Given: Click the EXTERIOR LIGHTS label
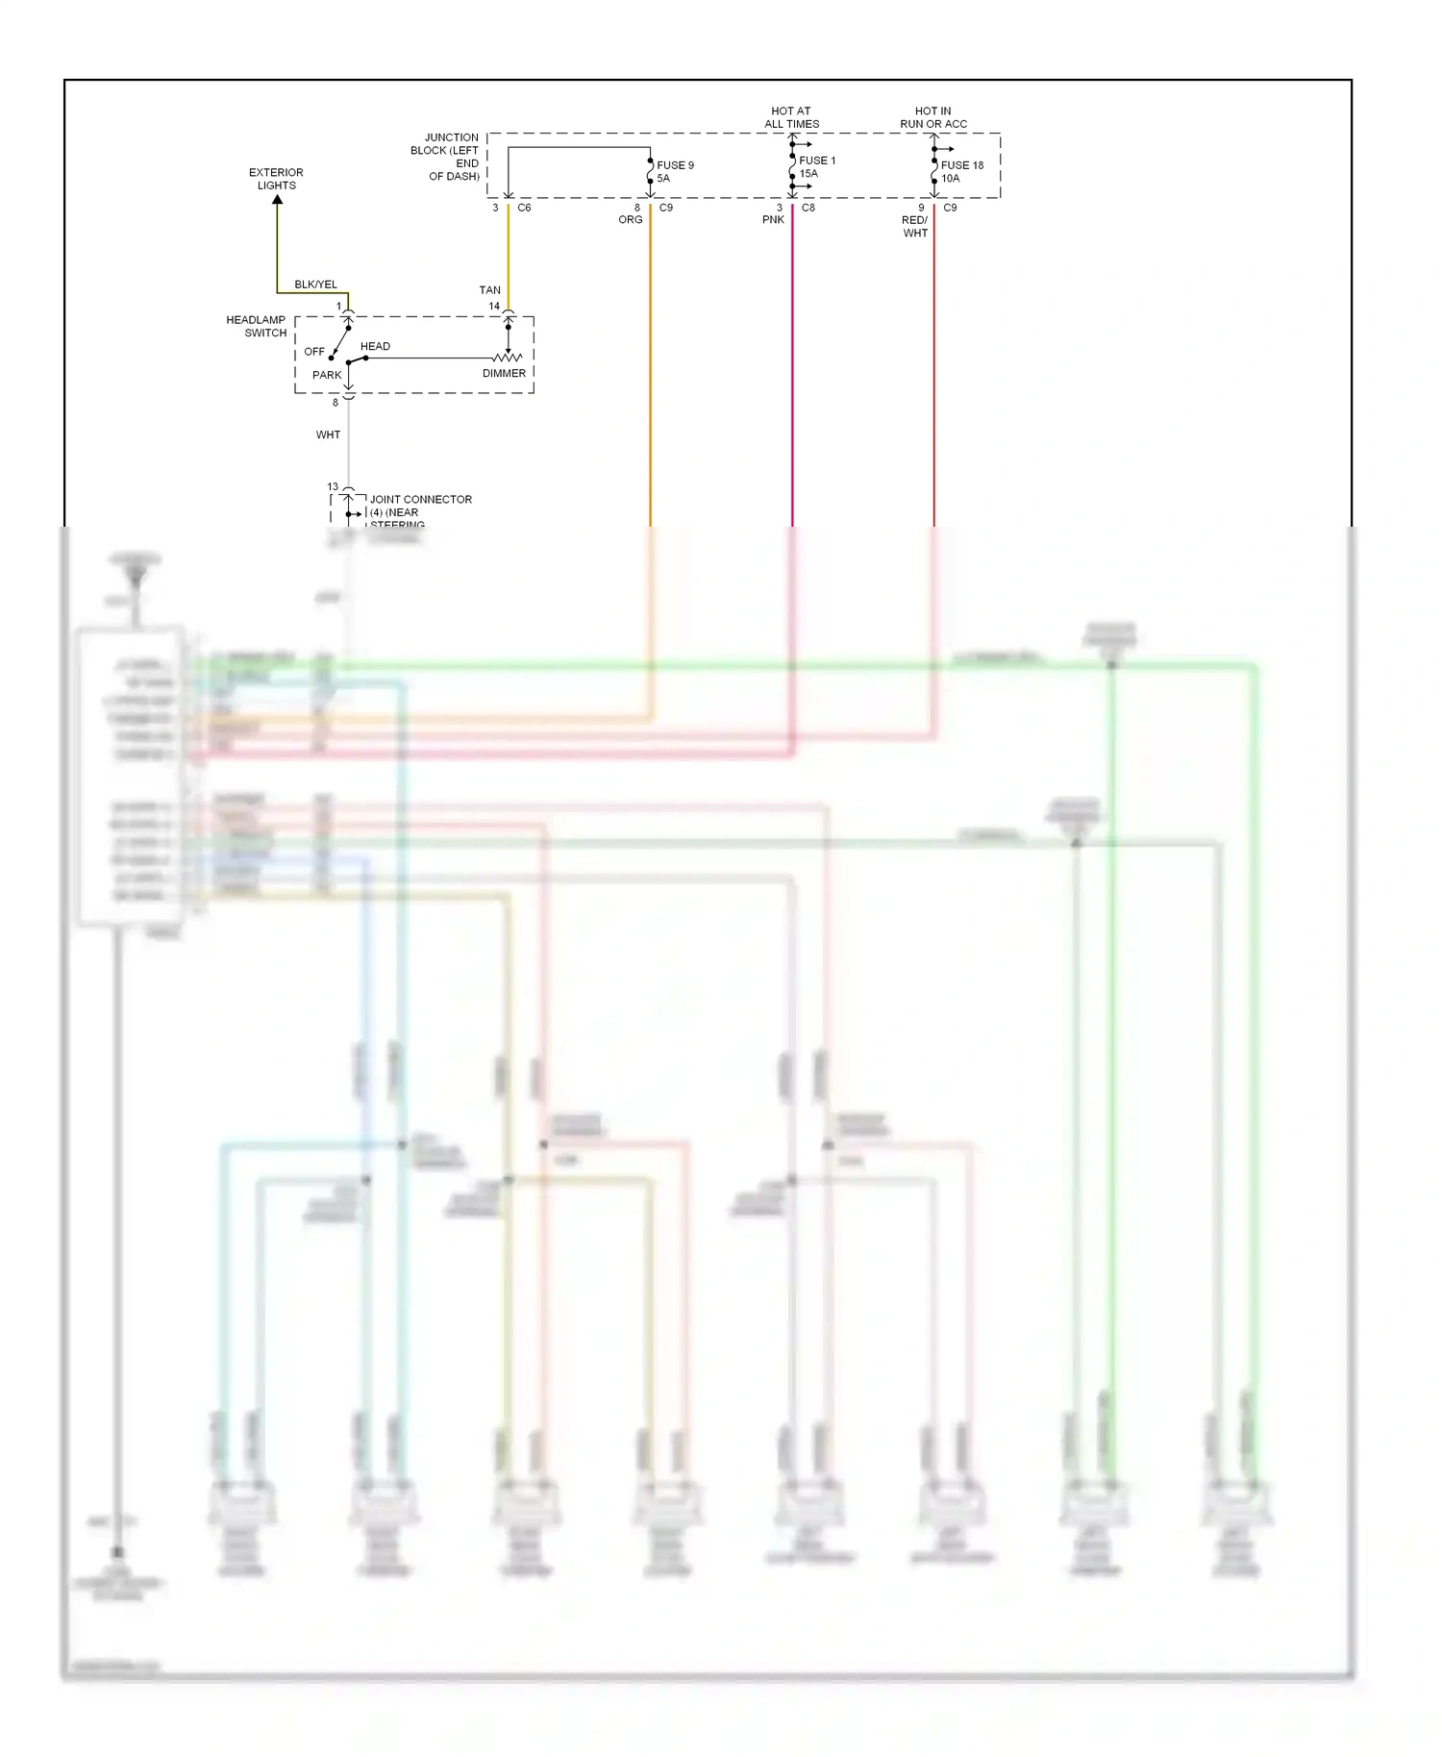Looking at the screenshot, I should pyautogui.click(x=276, y=179).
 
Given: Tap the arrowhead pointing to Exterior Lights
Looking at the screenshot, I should pyautogui.click(x=277, y=200).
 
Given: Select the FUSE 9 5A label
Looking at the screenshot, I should pyautogui.click(x=675, y=171).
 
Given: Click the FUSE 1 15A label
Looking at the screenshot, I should pyautogui.click(x=816, y=167).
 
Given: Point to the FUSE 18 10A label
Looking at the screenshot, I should pyautogui.click(x=961, y=171).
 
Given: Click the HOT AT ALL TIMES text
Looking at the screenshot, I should pyautogui.click(x=791, y=117).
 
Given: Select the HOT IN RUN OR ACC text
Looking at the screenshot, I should pyautogui.click(x=932, y=117).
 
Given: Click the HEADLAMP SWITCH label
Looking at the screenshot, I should pyautogui.click(x=257, y=326).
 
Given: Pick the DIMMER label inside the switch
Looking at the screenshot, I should pyautogui.click(x=504, y=373).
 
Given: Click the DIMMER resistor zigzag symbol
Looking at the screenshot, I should pyautogui.click(x=507, y=358).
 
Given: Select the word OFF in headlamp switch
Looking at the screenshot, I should pyautogui.click(x=314, y=352).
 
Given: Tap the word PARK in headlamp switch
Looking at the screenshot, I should pyautogui.click(x=326, y=375).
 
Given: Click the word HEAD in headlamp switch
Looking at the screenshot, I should pyautogui.click(x=375, y=346).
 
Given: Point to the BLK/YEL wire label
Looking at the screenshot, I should pyautogui.click(x=315, y=285).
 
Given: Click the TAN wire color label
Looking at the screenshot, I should pyautogui.click(x=489, y=289).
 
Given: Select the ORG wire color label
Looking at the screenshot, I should pyautogui.click(x=630, y=220).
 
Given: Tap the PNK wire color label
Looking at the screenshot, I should pyautogui.click(x=773, y=220).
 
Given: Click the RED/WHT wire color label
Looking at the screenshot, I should pyautogui.click(x=915, y=227).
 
